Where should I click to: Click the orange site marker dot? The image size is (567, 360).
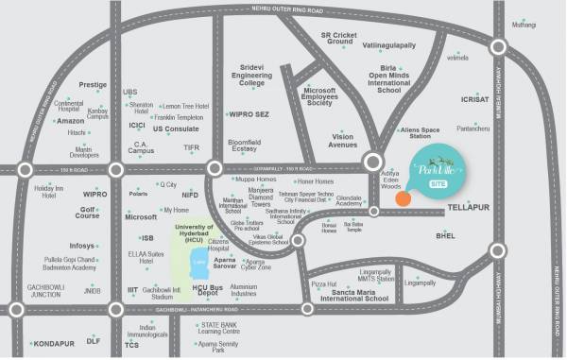pos(403,197)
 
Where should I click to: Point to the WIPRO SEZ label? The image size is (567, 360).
pos(249,113)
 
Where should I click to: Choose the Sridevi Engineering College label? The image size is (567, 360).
pos(251,76)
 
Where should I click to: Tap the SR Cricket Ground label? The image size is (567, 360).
pos(337,39)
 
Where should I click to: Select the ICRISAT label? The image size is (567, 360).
pos(474,99)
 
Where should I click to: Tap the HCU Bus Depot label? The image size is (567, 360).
pos(207,290)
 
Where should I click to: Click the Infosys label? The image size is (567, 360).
pos(82,246)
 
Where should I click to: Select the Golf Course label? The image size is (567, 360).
pos(88,213)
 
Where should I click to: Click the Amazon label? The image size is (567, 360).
pos(71,121)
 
